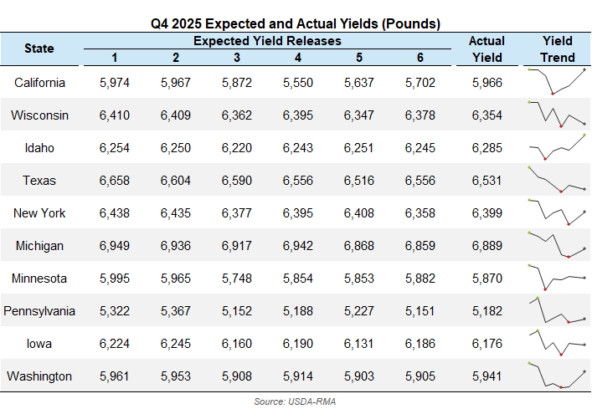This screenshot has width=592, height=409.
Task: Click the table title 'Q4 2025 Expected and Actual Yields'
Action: coord(296,23)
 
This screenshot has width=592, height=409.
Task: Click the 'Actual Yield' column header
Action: coord(486,49)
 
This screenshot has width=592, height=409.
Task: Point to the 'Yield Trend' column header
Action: coord(558,49)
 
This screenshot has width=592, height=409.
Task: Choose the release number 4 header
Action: coord(298,58)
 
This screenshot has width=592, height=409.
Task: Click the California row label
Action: coord(40,83)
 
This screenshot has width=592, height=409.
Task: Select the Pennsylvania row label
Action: coord(39,311)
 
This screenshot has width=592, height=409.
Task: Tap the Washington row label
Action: coord(40,376)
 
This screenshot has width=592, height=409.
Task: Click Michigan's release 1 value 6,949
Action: coord(115,246)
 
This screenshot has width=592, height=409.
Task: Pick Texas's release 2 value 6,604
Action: coord(176,181)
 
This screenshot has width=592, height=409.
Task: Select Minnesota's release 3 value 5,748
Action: coord(237,279)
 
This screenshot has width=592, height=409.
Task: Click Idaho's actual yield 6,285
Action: coord(486,148)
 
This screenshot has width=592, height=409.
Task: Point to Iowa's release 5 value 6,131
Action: coord(359,344)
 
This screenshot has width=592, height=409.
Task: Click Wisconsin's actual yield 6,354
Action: coord(486,115)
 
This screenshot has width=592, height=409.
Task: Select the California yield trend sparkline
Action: coord(557,83)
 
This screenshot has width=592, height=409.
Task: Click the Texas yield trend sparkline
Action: coord(557,181)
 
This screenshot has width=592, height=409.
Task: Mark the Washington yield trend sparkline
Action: coord(557,376)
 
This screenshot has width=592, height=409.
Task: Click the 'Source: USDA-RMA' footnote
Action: coord(296,401)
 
